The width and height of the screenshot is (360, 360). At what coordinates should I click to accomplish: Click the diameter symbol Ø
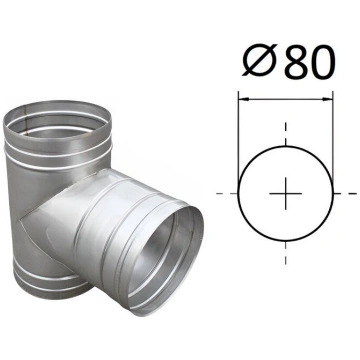click(x=259, y=61)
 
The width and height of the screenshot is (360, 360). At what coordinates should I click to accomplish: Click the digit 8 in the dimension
click(x=296, y=62)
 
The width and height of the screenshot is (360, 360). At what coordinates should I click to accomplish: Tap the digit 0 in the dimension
click(x=322, y=62)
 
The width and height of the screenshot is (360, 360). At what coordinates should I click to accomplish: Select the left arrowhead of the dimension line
click(x=244, y=99)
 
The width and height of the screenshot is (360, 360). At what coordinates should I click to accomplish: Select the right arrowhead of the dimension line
click(x=327, y=99)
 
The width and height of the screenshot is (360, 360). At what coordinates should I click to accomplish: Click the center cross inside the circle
click(x=286, y=193)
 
